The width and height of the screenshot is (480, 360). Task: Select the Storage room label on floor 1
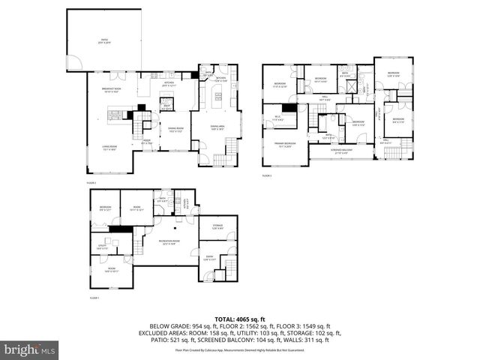pyautogui.click(x=217, y=226)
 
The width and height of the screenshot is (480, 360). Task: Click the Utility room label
pyautogui.click(x=102, y=247)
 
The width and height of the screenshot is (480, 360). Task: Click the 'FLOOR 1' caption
pyautogui.click(x=94, y=298)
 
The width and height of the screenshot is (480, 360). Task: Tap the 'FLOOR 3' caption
pyautogui.click(x=267, y=175)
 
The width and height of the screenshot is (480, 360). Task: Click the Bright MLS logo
pyautogui.click(x=29, y=349)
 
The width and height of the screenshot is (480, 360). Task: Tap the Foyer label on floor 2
pyautogui.click(x=148, y=142)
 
